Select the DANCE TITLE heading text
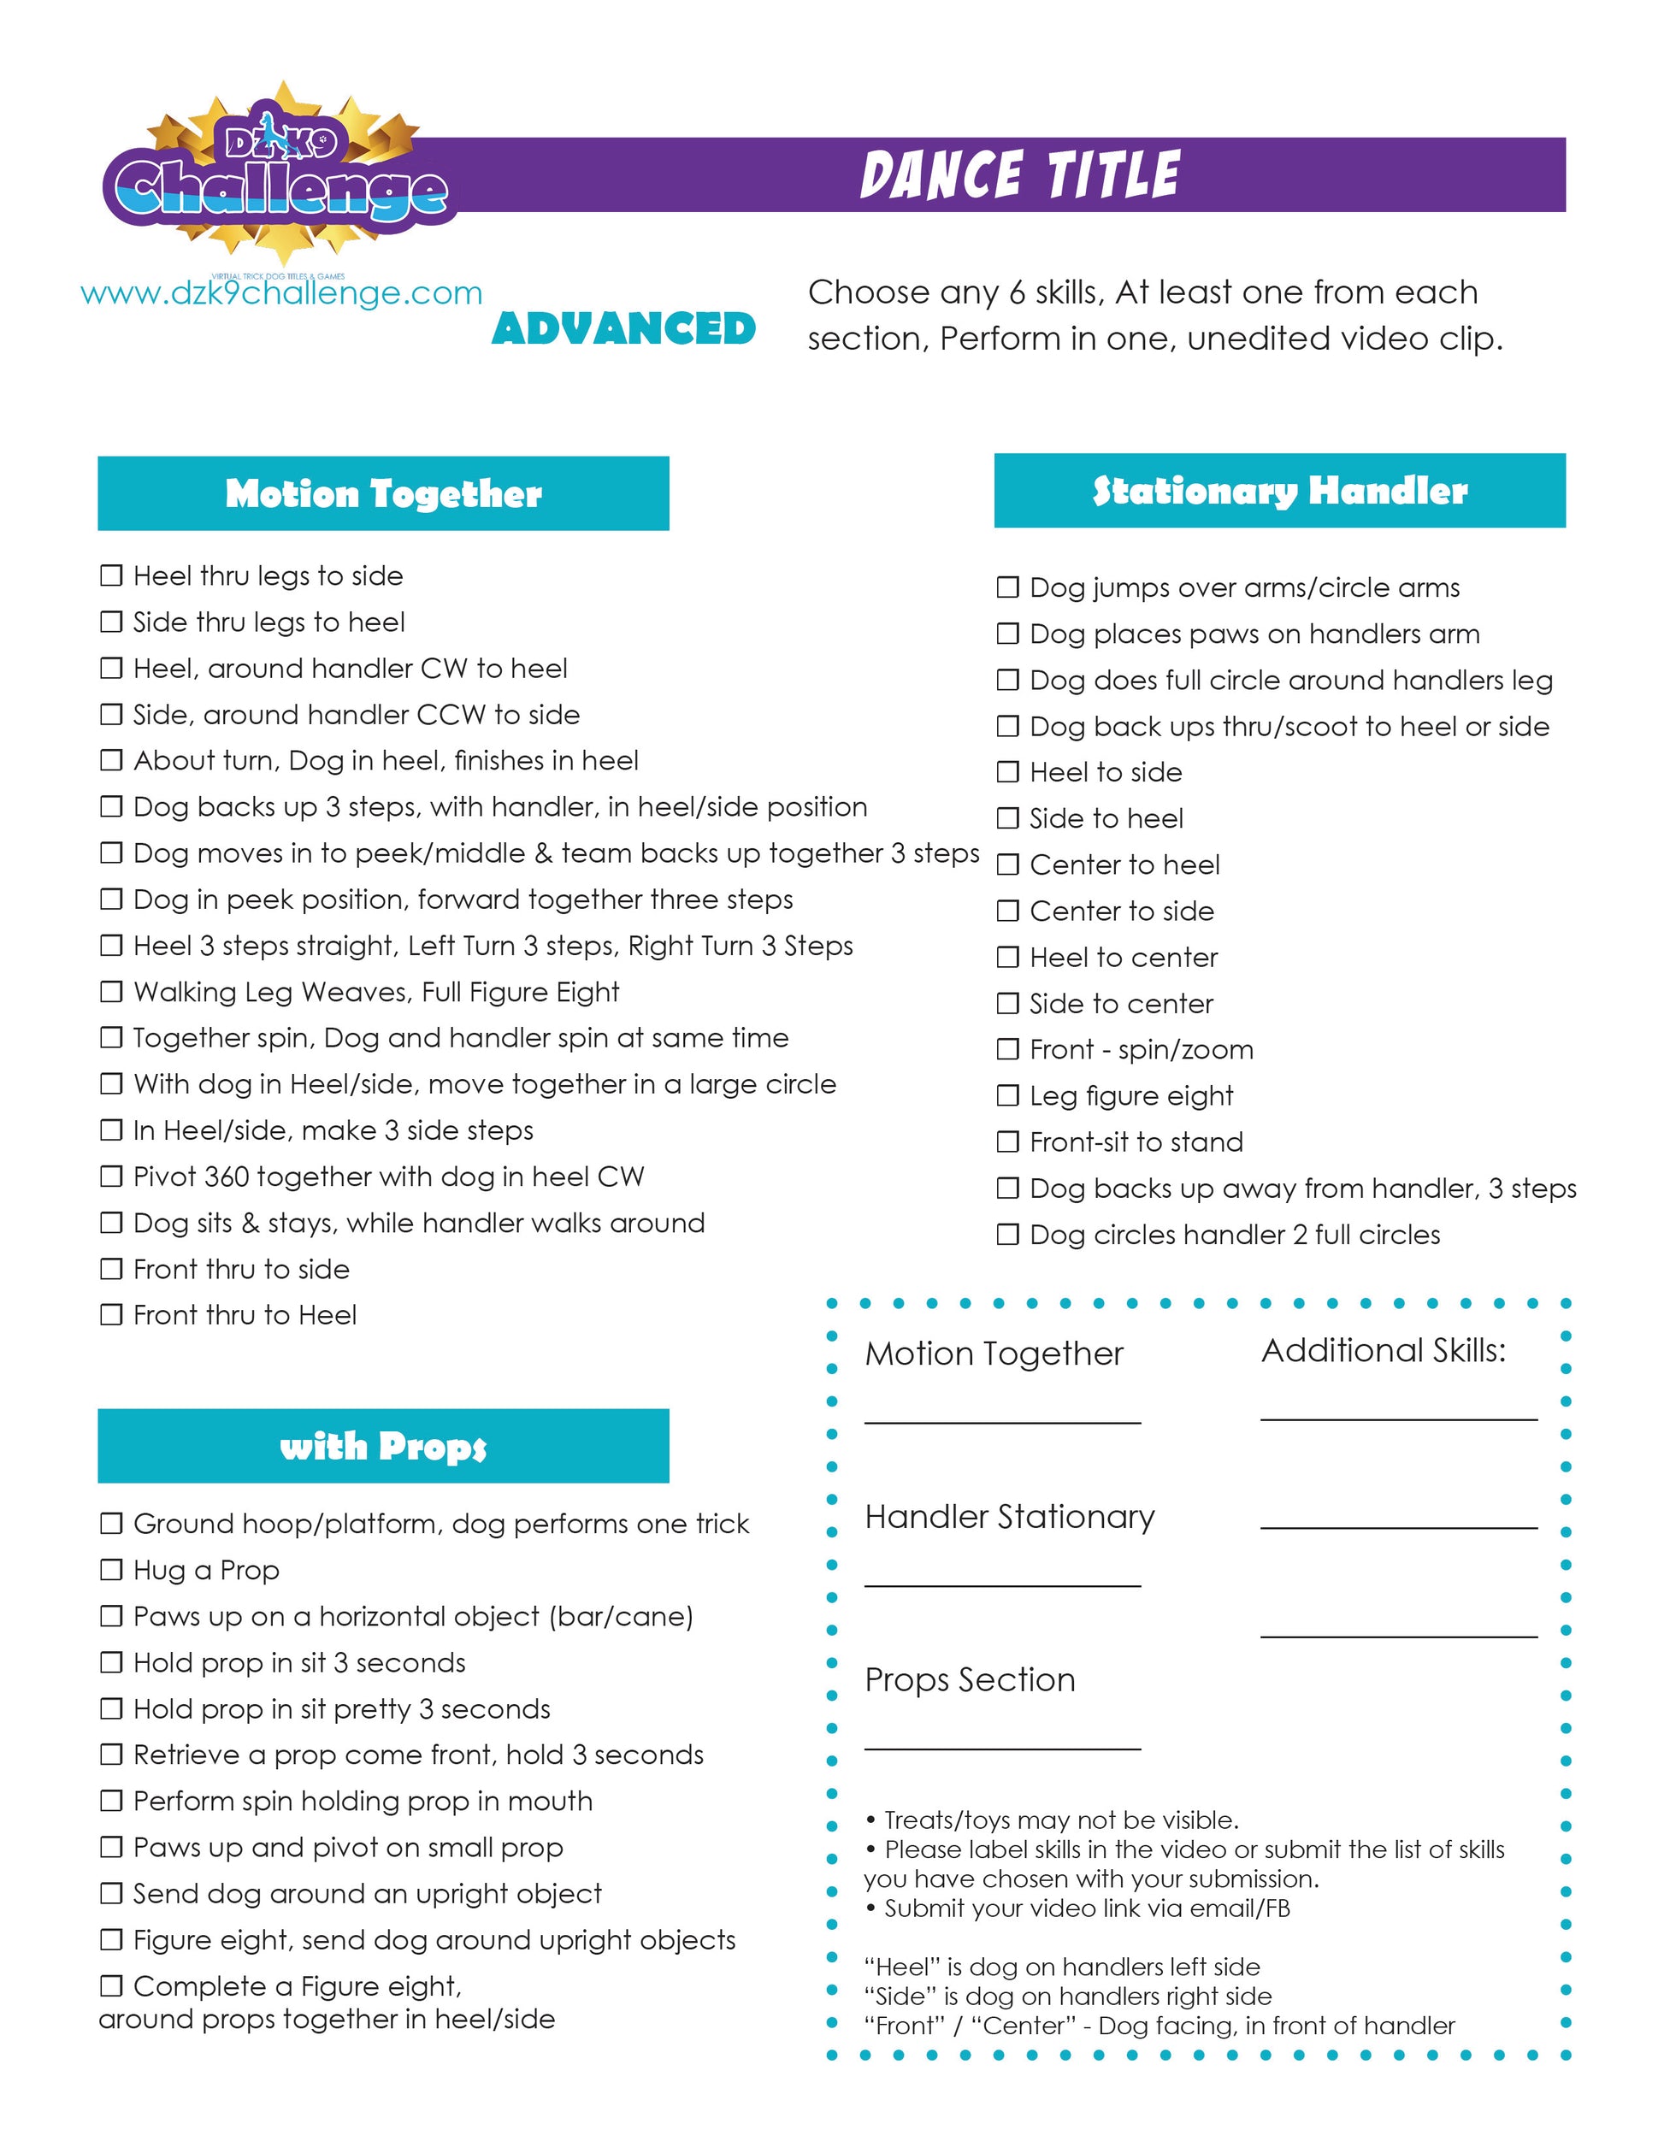point(1019,175)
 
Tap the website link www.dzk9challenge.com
point(281,294)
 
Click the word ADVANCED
point(623,329)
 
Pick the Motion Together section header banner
point(382,493)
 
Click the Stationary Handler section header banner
point(1278,490)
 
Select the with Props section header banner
point(382,1445)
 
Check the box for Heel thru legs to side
point(111,575)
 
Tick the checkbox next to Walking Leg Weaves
point(111,991)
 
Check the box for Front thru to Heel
point(111,1314)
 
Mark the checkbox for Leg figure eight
point(1007,1095)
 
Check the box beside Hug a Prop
point(111,1569)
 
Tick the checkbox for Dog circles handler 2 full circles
point(1007,1234)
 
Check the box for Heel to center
point(1007,957)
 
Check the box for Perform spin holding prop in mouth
point(111,1801)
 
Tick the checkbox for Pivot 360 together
point(111,1176)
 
